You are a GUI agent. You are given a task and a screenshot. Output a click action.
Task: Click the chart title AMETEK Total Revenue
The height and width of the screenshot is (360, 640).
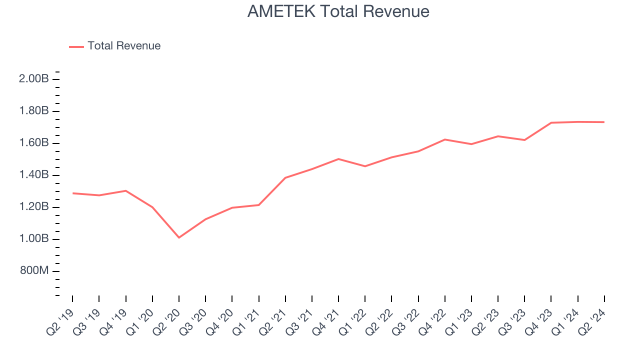pos(338,11)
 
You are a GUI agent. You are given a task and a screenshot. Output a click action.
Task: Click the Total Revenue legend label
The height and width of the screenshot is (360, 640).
pos(124,46)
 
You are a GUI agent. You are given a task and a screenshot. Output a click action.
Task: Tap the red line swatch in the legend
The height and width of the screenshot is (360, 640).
pos(76,46)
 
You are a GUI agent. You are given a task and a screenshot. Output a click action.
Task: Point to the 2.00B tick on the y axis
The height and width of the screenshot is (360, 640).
pos(34,79)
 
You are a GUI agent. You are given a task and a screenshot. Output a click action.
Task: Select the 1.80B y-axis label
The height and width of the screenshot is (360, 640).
pos(34,111)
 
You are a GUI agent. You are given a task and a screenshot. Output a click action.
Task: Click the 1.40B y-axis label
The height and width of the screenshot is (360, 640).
pos(34,175)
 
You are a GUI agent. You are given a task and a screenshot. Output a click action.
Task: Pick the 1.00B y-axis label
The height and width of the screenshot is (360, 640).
pos(34,239)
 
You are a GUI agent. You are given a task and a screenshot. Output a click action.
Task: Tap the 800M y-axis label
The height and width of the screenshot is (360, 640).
pos(34,271)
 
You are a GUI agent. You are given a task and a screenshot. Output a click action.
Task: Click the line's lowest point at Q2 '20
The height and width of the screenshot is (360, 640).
pos(179,237)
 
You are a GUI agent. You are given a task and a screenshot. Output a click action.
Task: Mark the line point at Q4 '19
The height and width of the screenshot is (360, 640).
pos(125,190)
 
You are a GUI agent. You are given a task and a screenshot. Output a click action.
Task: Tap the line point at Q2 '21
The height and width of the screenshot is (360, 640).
pos(285,177)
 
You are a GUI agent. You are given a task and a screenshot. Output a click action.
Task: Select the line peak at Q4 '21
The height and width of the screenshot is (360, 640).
pos(338,159)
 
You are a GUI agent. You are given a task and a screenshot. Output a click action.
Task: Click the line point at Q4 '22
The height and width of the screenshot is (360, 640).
pos(445,139)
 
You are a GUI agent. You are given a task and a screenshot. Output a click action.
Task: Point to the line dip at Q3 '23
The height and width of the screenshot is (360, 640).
pos(524,140)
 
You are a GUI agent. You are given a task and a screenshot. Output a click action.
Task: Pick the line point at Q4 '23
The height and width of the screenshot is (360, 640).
pos(551,122)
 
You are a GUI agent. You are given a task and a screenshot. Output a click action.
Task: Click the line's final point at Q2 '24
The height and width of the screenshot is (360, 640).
pos(604,122)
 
